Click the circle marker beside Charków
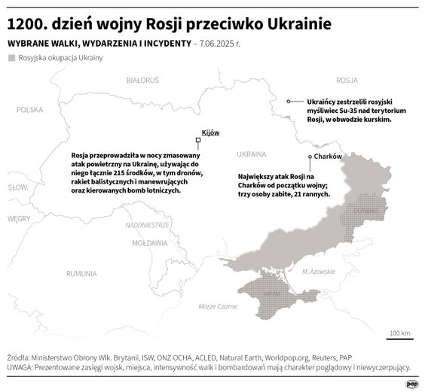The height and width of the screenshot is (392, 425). click(310, 156)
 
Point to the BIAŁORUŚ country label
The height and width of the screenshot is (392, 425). click(142, 79)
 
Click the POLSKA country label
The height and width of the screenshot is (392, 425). click(31, 109)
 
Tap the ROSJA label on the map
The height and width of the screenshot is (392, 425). click(346, 79)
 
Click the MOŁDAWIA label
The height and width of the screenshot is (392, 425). click(149, 244)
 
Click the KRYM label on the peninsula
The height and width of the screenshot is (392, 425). click(273, 293)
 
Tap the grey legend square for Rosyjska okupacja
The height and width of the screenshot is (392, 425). click(11, 58)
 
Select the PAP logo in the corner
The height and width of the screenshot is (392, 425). click(412, 383)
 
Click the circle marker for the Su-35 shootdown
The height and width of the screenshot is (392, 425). click(288, 101)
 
